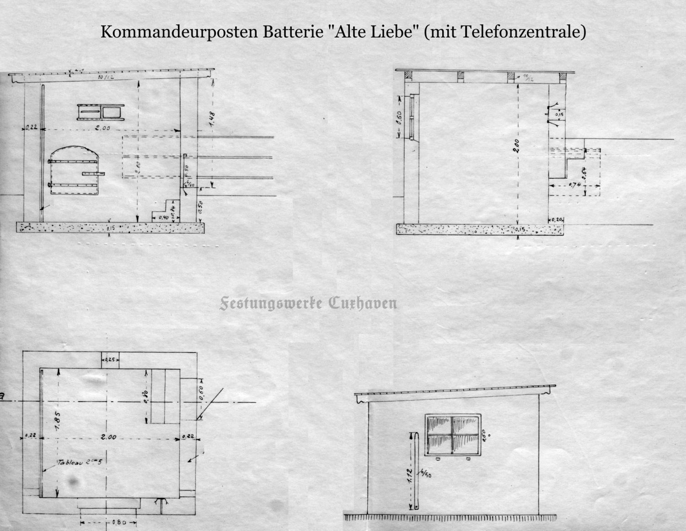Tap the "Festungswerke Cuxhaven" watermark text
coord(308,303)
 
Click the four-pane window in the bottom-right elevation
coord(453,435)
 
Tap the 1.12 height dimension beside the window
coord(410,473)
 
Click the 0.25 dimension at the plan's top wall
coord(110,360)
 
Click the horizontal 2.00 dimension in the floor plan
coord(108,437)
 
